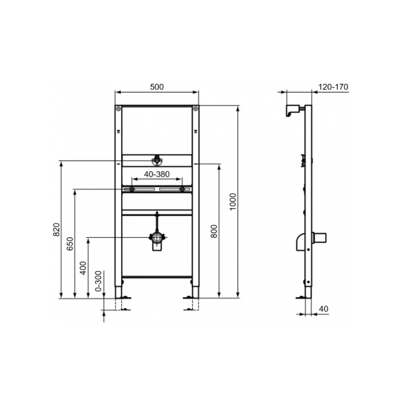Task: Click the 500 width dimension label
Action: click(x=157, y=87)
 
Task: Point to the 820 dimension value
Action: click(x=57, y=229)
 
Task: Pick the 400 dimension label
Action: click(x=84, y=267)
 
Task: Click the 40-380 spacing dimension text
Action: click(x=157, y=175)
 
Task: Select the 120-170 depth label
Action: click(x=333, y=87)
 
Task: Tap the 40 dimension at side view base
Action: click(x=324, y=308)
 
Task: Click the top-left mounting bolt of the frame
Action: click(x=118, y=109)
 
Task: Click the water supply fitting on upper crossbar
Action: click(x=157, y=161)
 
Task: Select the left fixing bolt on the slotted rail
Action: click(x=131, y=189)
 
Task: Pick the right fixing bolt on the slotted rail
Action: click(x=182, y=189)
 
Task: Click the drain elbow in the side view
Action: click(x=301, y=242)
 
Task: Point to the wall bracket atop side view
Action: click(x=292, y=110)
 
